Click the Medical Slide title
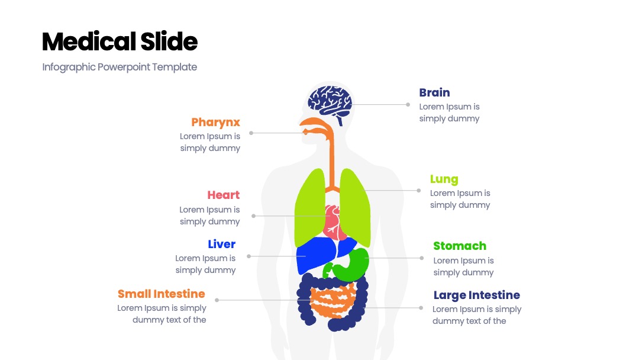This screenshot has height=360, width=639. (x=120, y=41)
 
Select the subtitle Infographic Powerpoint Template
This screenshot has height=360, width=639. (x=120, y=67)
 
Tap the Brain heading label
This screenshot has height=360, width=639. (x=434, y=92)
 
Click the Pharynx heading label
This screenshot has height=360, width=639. (x=215, y=123)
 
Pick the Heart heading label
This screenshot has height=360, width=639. (x=223, y=195)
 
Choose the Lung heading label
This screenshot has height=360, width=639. (x=444, y=179)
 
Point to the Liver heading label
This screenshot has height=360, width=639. (x=222, y=244)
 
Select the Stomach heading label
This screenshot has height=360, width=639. (x=460, y=246)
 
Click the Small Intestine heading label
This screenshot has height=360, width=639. (x=162, y=294)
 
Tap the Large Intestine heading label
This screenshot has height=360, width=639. (x=477, y=295)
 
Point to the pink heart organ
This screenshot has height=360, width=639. (x=333, y=222)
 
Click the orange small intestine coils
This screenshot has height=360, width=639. (x=332, y=301)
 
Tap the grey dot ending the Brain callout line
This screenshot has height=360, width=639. (x=408, y=105)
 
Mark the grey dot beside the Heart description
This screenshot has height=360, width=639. (x=253, y=216)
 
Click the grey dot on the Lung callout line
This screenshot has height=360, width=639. (x=418, y=191)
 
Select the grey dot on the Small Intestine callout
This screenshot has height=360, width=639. (x=217, y=300)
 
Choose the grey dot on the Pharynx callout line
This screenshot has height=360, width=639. (x=251, y=133)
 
